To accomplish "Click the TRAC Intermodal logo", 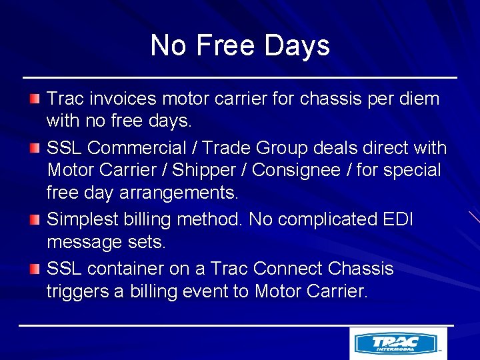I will (x=398, y=343).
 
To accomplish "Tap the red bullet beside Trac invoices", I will (x=35, y=99).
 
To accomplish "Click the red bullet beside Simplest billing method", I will (x=35, y=219).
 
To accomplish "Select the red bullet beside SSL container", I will (x=35, y=269).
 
